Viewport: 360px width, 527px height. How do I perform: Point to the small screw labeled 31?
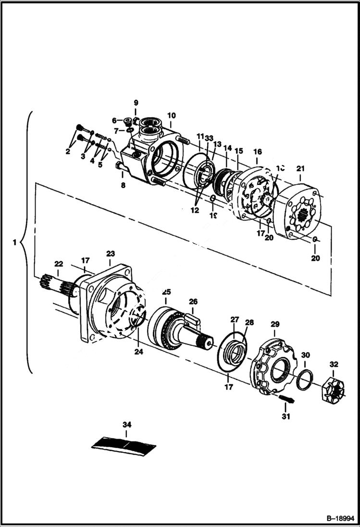tap(286, 399)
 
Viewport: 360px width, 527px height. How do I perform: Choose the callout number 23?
tap(111, 253)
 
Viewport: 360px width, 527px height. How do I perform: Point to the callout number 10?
tap(172, 115)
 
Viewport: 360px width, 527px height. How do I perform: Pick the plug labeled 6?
tap(128, 121)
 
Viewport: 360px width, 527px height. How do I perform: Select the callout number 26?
tap(193, 302)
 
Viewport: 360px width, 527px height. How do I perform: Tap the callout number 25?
tap(166, 292)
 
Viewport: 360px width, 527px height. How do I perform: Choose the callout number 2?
tap(68, 151)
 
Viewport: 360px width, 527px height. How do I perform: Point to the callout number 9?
tap(136, 102)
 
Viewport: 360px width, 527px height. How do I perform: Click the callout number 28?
tap(250, 322)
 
